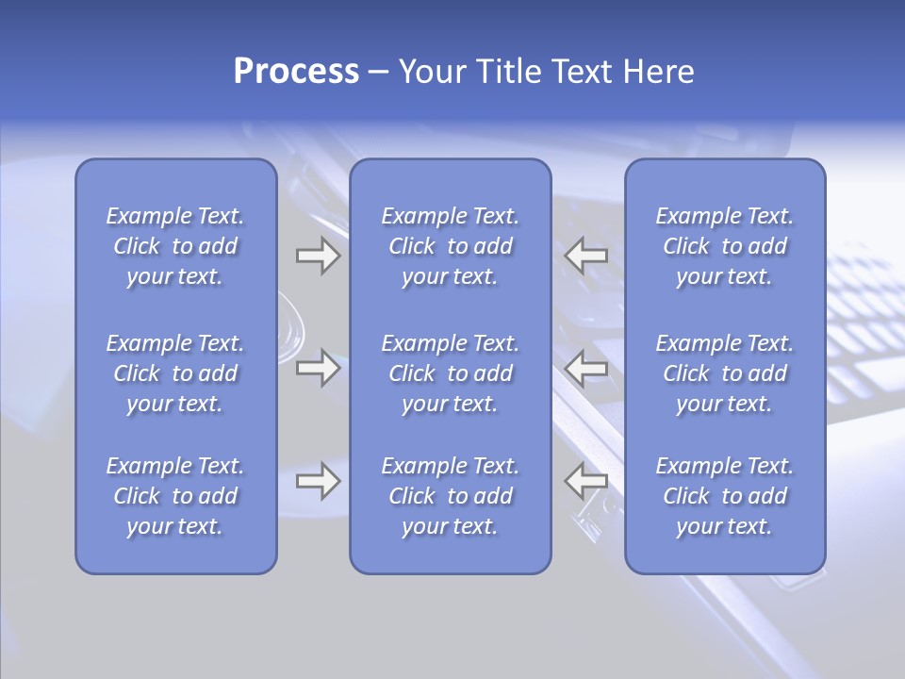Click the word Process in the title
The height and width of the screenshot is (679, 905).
(x=296, y=72)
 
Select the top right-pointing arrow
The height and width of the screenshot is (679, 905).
(x=318, y=256)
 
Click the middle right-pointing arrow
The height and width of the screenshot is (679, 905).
(x=318, y=368)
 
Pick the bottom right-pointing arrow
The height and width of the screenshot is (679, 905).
(x=318, y=481)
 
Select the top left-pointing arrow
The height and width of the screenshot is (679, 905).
(x=585, y=256)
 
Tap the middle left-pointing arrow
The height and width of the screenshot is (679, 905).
(x=585, y=368)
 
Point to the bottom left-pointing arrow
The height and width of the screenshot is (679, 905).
(x=585, y=481)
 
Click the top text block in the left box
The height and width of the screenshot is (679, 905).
(x=175, y=246)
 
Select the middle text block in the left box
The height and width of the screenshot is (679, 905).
(x=175, y=373)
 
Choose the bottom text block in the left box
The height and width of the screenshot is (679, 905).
(x=175, y=496)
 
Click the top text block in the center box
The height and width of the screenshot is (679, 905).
(x=451, y=246)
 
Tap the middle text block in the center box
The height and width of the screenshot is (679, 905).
(x=451, y=373)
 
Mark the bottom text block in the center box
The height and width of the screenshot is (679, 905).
(x=451, y=496)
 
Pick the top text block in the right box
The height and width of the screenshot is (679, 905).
(x=725, y=246)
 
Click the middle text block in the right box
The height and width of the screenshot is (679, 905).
(x=725, y=373)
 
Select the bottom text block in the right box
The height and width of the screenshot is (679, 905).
(x=725, y=496)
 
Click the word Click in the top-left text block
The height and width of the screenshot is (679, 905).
(x=137, y=247)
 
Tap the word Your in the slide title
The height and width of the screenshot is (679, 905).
(x=434, y=72)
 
